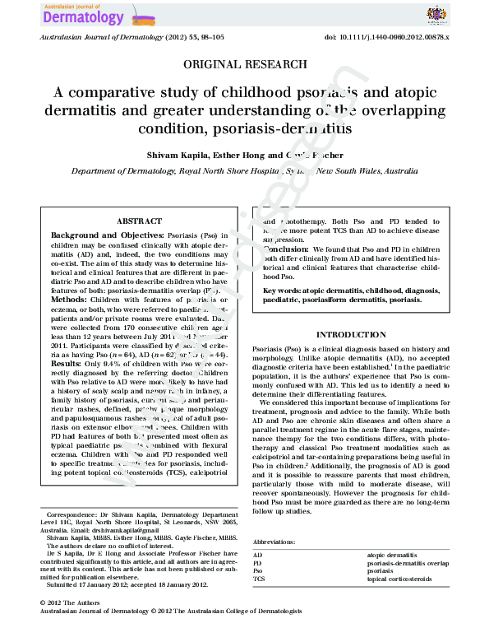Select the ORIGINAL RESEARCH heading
point(244,64)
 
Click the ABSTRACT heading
point(134,221)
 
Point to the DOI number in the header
point(393,39)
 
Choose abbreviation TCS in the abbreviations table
point(258,578)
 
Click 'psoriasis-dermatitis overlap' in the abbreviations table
point(408,563)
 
